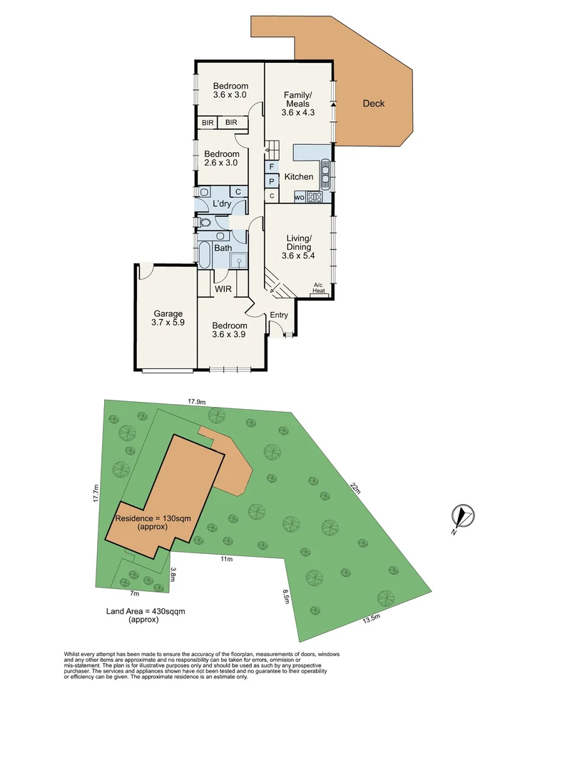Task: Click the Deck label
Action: (373, 104)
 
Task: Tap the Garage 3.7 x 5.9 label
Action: (168, 318)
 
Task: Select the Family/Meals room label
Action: (297, 104)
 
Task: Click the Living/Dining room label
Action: (298, 247)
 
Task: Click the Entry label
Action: (279, 316)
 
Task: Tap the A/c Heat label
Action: (319, 288)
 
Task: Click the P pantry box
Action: (272, 182)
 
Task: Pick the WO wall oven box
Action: (299, 197)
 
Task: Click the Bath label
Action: (223, 248)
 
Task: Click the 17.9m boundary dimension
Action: (197, 401)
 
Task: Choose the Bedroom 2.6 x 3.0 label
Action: (222, 158)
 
